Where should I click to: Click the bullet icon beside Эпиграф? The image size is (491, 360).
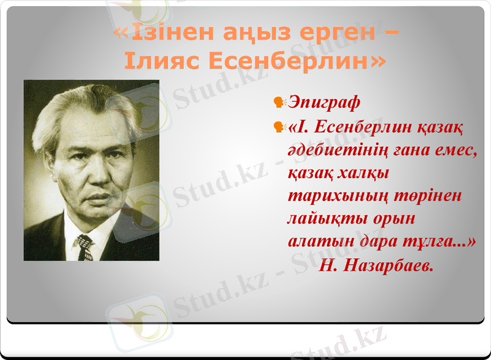(x=279, y=100)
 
